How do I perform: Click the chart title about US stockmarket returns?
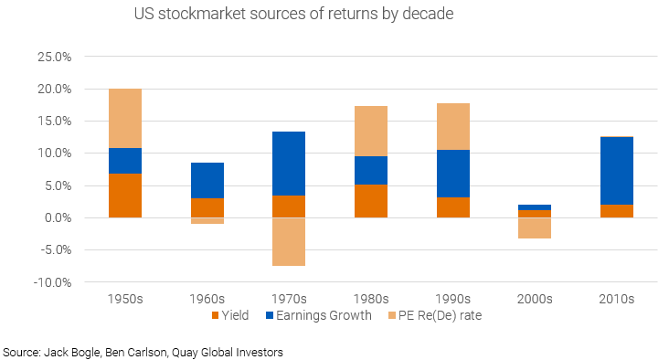click(293, 16)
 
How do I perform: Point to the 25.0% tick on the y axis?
click(52, 57)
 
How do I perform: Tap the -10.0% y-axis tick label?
click(50, 282)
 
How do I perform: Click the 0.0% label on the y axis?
click(55, 217)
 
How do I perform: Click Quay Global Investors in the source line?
click(241, 351)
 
